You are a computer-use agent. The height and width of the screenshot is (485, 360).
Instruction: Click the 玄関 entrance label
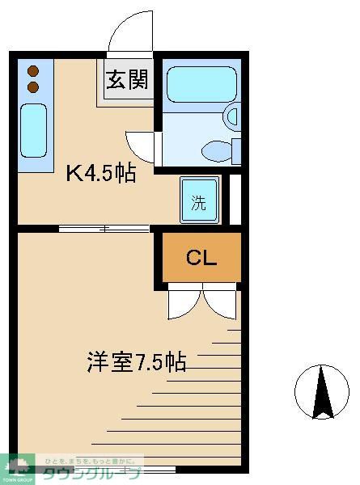tap(125, 82)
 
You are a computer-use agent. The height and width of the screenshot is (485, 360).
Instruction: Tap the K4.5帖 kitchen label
tap(100, 173)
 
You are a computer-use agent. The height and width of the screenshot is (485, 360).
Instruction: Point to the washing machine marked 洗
tap(199, 202)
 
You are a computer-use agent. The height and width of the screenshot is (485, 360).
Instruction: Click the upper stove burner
tap(33, 71)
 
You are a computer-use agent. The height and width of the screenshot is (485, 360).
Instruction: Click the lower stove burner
tap(33, 86)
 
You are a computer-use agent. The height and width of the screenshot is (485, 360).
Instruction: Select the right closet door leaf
tap(219, 305)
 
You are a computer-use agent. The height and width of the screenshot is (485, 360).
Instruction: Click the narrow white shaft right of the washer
tap(235, 199)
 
